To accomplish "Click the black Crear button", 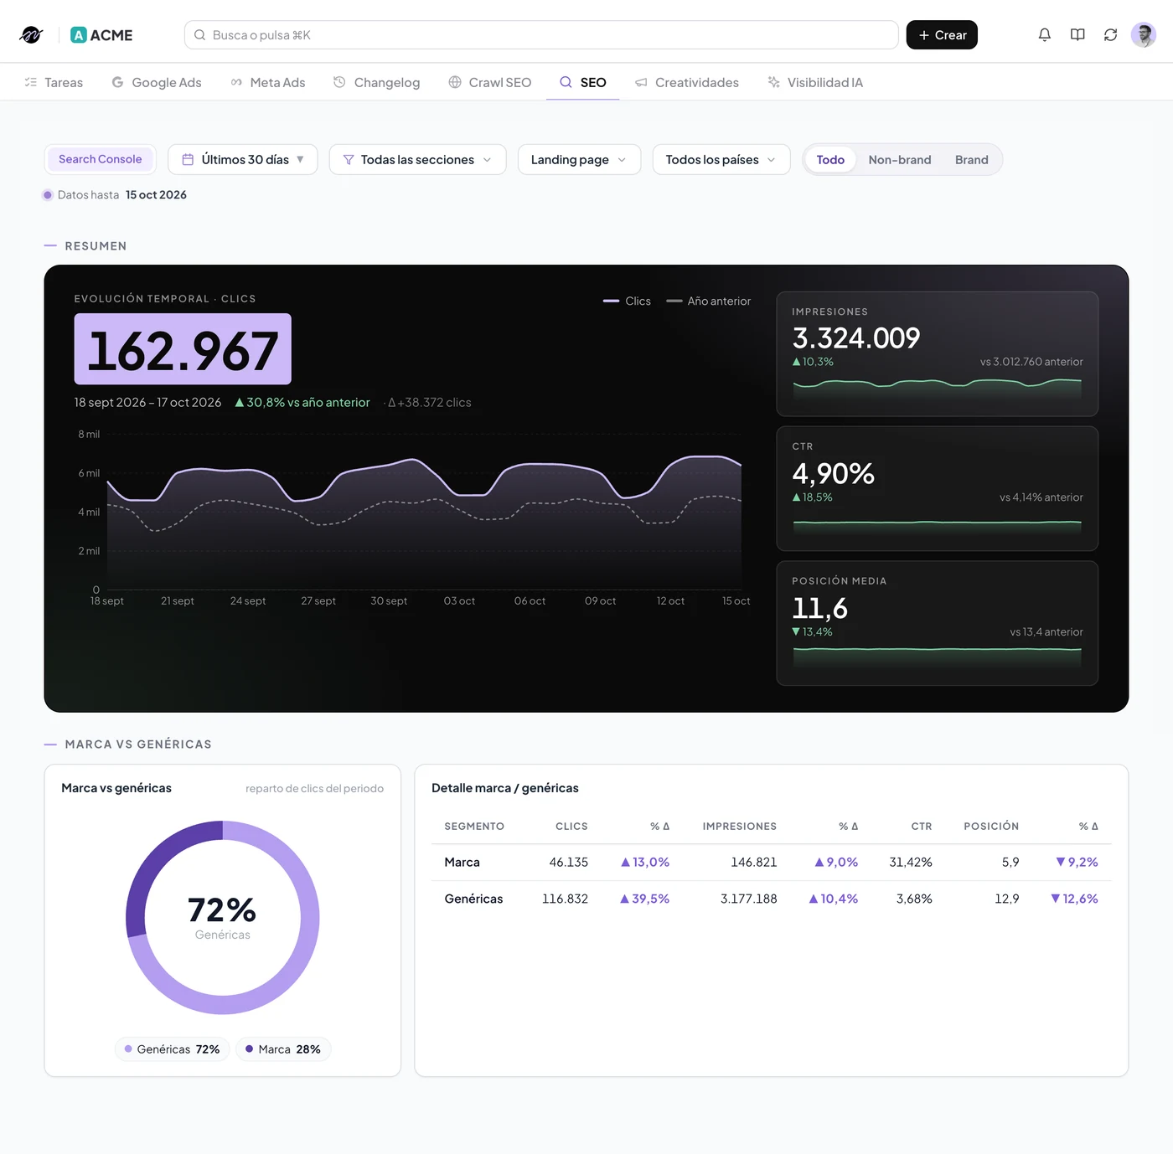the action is (941, 34).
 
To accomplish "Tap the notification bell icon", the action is (1044, 34).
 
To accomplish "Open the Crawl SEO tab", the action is (490, 82).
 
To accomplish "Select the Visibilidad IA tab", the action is (815, 82).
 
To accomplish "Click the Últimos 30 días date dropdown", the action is (242, 159).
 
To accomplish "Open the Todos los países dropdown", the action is (721, 159).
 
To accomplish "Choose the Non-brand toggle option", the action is (899, 159).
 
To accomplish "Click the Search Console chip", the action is (100, 159).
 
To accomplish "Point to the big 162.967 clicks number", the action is (183, 349).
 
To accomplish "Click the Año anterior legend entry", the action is (709, 301).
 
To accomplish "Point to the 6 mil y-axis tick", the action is (89, 473).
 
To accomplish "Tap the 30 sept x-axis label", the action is (389, 600).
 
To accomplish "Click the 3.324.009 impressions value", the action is (855, 337).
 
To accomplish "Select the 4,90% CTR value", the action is (834, 473).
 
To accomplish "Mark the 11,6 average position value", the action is (819, 608).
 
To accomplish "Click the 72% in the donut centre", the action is (222, 909).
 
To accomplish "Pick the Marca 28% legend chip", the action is (283, 1048).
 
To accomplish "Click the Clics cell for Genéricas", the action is (565, 899).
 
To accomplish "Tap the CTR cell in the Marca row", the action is (911, 862).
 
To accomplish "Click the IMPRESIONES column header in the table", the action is (740, 826).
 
